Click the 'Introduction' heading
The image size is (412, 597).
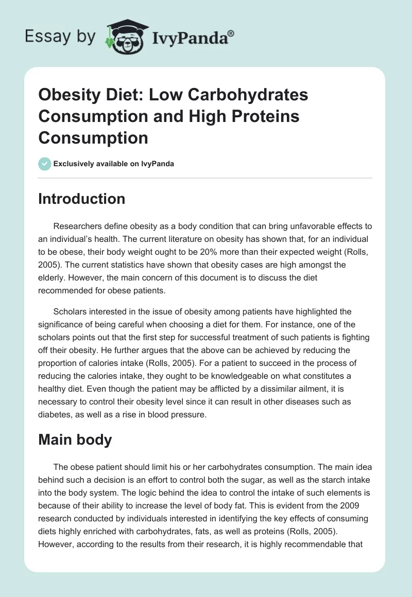click(82, 199)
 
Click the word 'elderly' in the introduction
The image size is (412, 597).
click(53, 278)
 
